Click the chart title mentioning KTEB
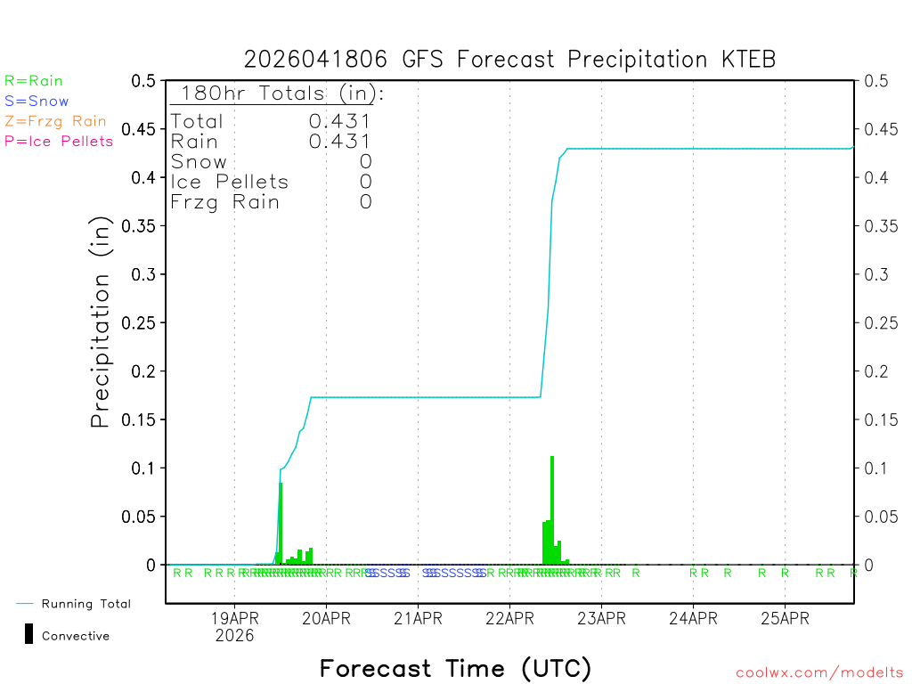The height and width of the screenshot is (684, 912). pos(509,60)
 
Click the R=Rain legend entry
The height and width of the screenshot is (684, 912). pos(34,81)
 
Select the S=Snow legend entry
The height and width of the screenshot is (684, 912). pos(37,102)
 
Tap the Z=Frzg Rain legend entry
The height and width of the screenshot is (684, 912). pos(55,121)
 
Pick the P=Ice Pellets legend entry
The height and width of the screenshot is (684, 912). pos(59,141)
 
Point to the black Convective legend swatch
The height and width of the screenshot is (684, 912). pos(29,634)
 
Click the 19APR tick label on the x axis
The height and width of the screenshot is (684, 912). pos(234,619)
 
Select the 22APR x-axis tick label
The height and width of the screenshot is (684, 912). pos(509,619)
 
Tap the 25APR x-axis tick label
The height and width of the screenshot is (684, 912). pos(785,619)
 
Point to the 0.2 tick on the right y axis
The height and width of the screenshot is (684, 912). pos(875,371)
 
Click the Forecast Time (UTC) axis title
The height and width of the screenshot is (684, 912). pos(455,668)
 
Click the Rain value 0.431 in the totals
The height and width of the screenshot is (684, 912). pos(340,141)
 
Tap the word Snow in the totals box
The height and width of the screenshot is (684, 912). pos(199,161)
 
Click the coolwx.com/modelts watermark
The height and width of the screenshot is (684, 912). pos(819,673)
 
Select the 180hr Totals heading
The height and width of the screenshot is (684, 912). pos(278,94)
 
